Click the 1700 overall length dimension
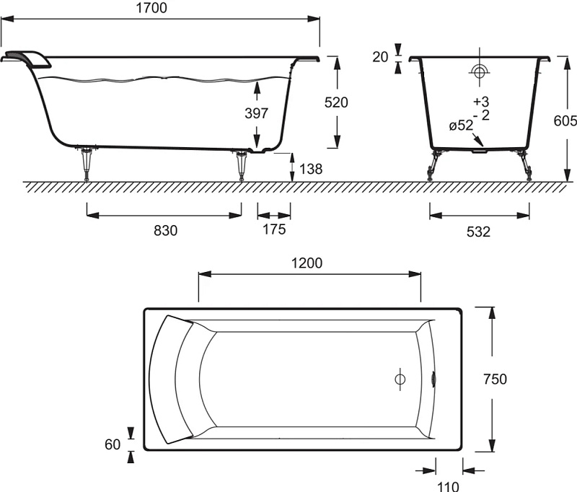click(x=151, y=7)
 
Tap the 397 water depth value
click(x=257, y=113)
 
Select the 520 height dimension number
click(x=336, y=102)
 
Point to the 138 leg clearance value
click(x=311, y=169)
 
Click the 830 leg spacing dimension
click(x=166, y=231)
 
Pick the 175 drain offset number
click(x=274, y=229)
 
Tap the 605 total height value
click(x=565, y=120)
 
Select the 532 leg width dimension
click(x=478, y=232)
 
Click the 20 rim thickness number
click(x=380, y=57)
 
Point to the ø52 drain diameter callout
click(x=461, y=126)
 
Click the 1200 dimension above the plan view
click(x=307, y=263)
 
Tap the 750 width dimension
click(x=495, y=379)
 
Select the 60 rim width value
click(x=113, y=444)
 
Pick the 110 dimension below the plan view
click(x=448, y=486)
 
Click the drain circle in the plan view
click(x=400, y=379)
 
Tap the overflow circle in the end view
click(x=479, y=71)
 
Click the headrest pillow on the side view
click(x=27, y=59)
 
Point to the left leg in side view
click(x=87, y=164)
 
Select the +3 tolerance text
click(x=481, y=101)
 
